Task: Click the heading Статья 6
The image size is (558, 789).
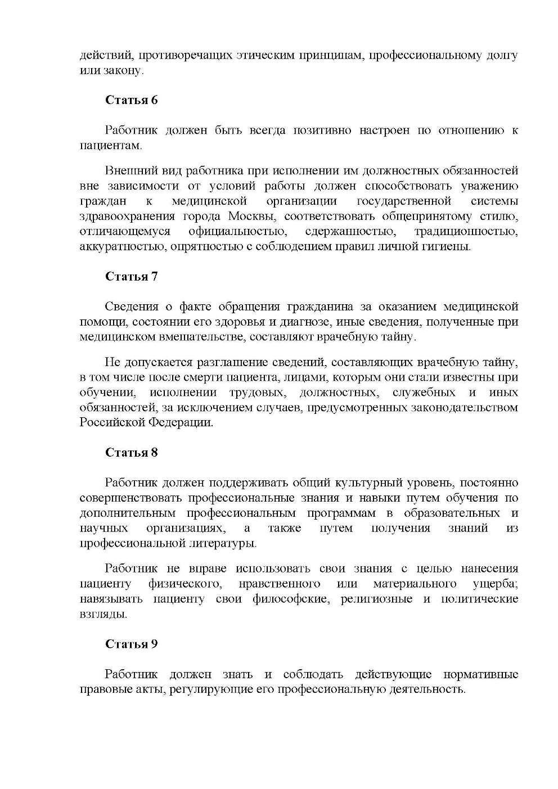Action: [131, 100]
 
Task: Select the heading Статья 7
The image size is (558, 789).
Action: [131, 276]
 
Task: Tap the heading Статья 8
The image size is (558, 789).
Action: [131, 452]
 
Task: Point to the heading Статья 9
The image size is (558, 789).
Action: [131, 644]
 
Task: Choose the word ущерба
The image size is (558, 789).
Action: [495, 584]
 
